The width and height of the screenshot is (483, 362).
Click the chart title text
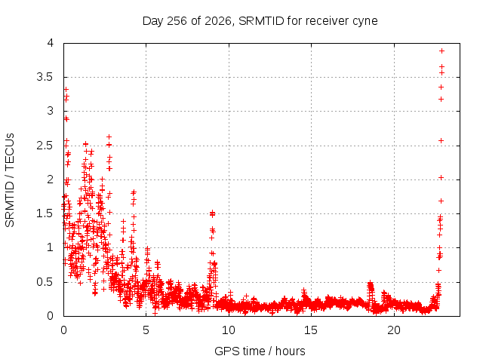(x=260, y=21)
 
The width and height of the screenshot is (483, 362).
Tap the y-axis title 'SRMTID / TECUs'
(x=10, y=180)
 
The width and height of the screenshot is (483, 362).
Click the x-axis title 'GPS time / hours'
(x=260, y=351)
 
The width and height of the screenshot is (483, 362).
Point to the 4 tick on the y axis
(x=51, y=43)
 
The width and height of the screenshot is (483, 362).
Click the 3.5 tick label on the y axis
(x=45, y=77)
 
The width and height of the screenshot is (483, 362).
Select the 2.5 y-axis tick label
(x=45, y=146)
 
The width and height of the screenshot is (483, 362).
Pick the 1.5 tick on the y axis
(x=45, y=213)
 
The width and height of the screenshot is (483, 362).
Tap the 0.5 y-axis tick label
(x=45, y=281)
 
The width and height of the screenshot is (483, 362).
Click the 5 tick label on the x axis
(x=146, y=330)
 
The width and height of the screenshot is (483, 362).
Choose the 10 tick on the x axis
(x=229, y=330)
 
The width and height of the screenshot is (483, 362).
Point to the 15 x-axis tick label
(x=311, y=330)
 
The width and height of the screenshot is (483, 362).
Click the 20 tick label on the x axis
(x=394, y=330)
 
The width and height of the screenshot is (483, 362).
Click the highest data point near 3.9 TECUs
(x=441, y=51)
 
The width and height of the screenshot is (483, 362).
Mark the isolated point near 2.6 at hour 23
(x=441, y=141)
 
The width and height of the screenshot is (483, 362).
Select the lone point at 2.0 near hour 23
(x=441, y=178)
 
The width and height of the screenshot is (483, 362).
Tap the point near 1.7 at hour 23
(x=441, y=201)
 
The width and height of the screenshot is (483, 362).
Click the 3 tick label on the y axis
(x=51, y=111)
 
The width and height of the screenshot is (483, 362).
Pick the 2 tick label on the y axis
(x=51, y=179)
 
